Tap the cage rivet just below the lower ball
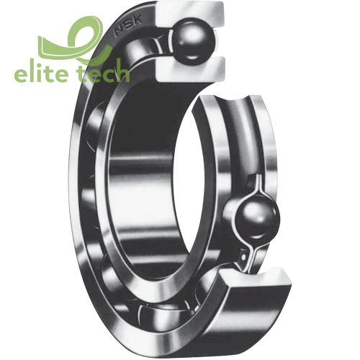pos(249,249)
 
